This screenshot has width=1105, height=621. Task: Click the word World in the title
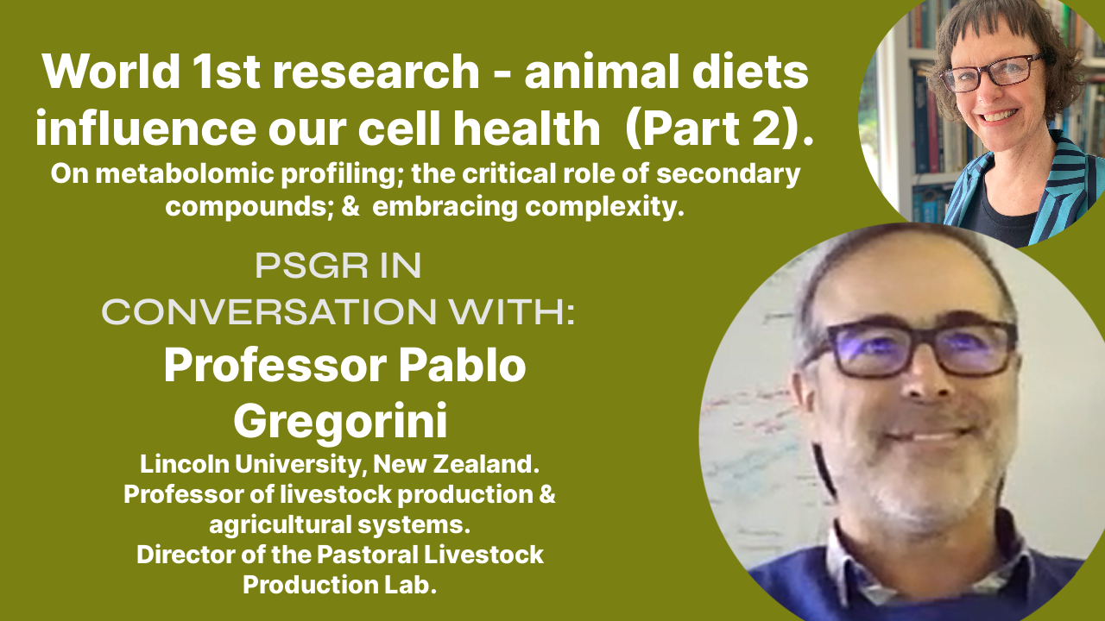pos(110,72)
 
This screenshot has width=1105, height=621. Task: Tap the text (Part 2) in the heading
pos(717,129)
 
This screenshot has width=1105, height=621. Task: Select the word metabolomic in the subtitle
pos(187,174)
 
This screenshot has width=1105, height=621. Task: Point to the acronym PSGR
pos(312,267)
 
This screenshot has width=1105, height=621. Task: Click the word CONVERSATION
pos(268,312)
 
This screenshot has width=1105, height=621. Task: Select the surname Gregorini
pos(340,422)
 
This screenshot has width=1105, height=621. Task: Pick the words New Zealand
pos(456,464)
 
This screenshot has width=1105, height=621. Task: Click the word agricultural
pos(281,525)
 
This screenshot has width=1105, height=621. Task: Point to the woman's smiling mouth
pos(1005,116)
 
